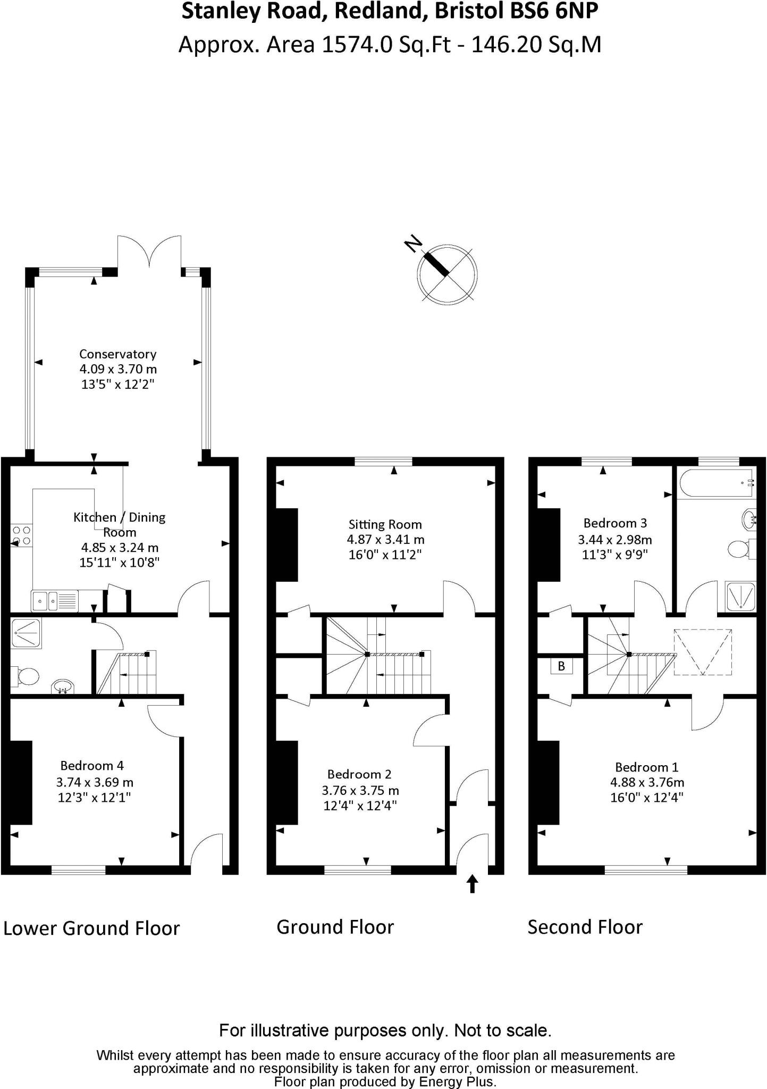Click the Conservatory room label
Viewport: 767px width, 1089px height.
pos(117,354)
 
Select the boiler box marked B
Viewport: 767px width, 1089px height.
pos(561,666)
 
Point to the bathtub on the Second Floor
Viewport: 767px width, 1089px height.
pos(717,483)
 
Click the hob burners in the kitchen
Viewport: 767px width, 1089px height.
pos(22,535)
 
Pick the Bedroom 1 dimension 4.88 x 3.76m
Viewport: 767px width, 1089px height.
pos(647,782)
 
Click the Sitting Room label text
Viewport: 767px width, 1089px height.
pos(385,525)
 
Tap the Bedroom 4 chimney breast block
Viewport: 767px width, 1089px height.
pos(21,782)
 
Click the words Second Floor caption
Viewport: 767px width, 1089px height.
pos(585,927)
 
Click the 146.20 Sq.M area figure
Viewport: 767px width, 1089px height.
pos(536,45)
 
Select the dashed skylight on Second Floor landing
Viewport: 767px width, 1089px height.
pos(703,652)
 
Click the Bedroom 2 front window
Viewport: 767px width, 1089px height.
pos(358,869)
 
